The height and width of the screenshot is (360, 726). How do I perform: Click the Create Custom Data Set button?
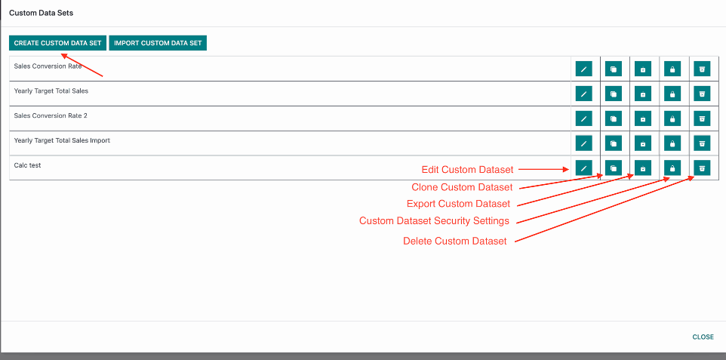click(58, 43)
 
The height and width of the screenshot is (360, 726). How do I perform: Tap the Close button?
click(703, 337)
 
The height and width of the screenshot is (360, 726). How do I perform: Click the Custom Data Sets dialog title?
click(42, 13)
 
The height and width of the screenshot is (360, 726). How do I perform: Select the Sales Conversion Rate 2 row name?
click(51, 115)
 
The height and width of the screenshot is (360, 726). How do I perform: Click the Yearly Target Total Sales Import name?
click(62, 140)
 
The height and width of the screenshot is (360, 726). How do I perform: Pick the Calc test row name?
click(27, 165)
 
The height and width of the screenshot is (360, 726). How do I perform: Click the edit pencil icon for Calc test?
click(584, 168)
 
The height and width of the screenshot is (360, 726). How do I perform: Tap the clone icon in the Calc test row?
click(614, 168)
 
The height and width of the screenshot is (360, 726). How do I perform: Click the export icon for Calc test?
click(643, 168)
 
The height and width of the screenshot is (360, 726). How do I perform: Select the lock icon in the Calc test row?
click(672, 168)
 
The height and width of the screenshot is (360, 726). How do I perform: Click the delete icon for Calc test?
click(702, 168)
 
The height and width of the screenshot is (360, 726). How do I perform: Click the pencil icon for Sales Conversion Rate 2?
click(584, 118)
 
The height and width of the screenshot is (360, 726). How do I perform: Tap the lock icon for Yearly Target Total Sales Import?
click(672, 143)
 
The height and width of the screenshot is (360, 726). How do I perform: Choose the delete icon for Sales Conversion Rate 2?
click(702, 118)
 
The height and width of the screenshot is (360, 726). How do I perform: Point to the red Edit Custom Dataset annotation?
click(468, 170)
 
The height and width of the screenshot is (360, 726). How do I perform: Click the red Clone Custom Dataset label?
click(462, 188)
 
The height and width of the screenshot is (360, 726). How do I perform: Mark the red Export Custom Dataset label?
click(458, 204)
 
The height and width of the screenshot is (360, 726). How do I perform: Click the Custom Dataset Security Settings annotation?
click(434, 221)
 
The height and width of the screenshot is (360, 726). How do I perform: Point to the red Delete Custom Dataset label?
click(454, 242)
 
